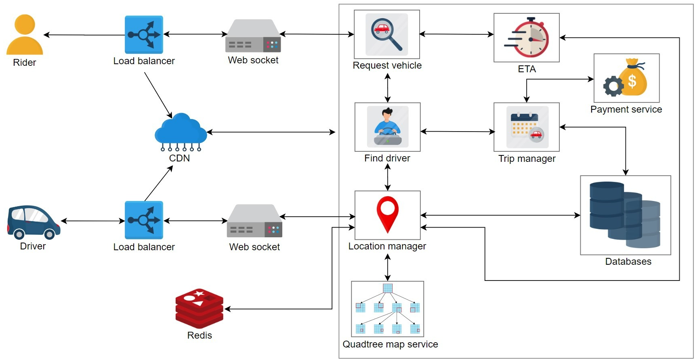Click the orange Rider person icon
pos(25,36)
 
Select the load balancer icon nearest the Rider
pos(144,35)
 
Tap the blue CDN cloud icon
pos(181,129)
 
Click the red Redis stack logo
pos(199,309)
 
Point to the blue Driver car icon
pos(33,222)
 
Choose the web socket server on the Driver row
pos(254,221)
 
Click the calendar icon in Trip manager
pos(524,125)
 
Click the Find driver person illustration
pos(388,126)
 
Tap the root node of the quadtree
pos(387,288)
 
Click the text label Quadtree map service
pos(390,344)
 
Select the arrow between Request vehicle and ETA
pos(456,34)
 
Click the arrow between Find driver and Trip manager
pos(457,132)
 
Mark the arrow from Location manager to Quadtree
pos(388,268)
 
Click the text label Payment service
pos(626,109)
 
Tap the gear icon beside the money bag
pos(613,86)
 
